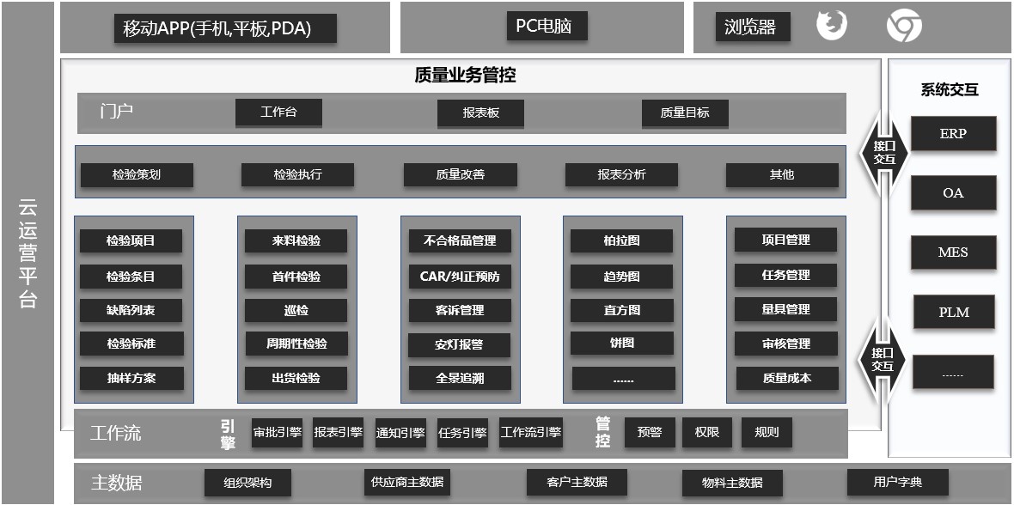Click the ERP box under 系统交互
(953, 133)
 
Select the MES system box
(953, 252)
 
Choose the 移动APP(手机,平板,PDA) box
(225, 28)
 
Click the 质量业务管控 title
(465, 76)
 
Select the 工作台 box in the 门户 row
(278, 113)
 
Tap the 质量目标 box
(685, 113)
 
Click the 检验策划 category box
(137, 174)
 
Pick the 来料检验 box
(296, 241)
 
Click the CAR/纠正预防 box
(460, 277)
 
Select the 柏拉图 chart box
(621, 240)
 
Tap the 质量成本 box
(787, 378)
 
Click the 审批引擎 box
(278, 433)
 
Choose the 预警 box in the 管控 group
(650, 433)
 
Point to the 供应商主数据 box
(407, 482)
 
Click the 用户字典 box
(898, 482)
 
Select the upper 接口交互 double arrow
(884, 153)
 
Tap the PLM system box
(954, 313)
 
